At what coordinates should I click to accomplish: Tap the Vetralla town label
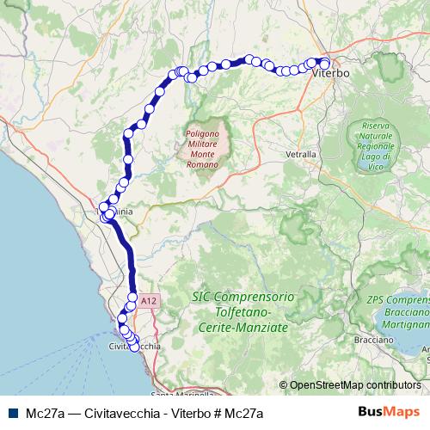[x=300, y=154]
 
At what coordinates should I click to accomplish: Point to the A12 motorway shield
[x=150, y=300]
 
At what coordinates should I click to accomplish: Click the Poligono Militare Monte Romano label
[x=206, y=149]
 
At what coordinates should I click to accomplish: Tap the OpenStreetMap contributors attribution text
[x=355, y=385]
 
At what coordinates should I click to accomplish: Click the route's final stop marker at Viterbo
[x=324, y=63]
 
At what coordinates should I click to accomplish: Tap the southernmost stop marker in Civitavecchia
[x=134, y=347]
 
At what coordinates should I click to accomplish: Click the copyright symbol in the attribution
[x=283, y=385]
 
